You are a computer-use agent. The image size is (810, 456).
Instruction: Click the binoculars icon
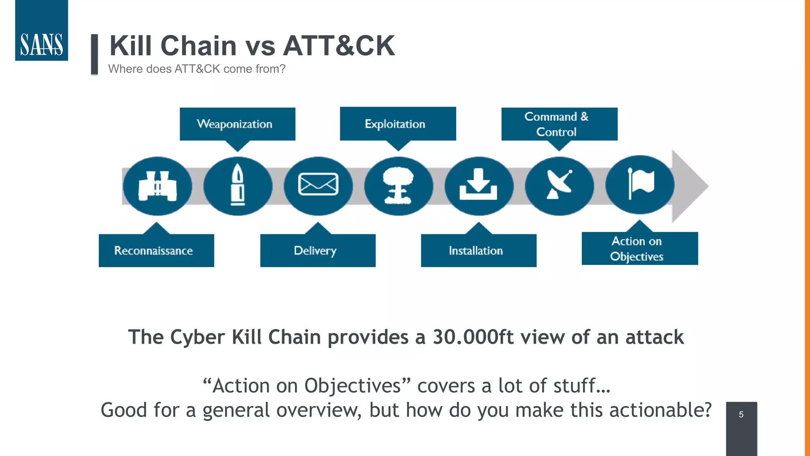[x=157, y=186]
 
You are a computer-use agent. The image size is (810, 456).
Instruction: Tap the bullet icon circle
[x=238, y=186]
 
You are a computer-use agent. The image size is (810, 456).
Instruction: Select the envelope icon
[x=318, y=185]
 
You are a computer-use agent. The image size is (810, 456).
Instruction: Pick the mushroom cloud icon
[x=398, y=186]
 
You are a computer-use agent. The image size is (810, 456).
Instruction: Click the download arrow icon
[x=479, y=185]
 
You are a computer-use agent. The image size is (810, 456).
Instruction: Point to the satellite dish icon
[x=559, y=185]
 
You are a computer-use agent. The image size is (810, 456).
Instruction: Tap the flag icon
[x=640, y=184]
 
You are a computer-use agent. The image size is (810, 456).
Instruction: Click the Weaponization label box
[x=237, y=124]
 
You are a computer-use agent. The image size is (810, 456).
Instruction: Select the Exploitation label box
[x=398, y=123]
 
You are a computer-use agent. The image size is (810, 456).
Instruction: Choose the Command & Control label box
[x=559, y=124]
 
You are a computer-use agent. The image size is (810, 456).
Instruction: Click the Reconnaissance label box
[x=156, y=251]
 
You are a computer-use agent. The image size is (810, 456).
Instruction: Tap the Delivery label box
[x=318, y=251]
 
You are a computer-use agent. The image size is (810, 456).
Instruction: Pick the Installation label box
[x=479, y=251]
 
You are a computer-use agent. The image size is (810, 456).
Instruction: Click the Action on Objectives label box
[x=640, y=249]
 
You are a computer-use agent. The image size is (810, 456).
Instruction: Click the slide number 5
[x=741, y=414]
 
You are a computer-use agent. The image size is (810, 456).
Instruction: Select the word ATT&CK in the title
[x=339, y=46]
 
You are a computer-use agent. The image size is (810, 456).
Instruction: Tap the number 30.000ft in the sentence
[x=472, y=337]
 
